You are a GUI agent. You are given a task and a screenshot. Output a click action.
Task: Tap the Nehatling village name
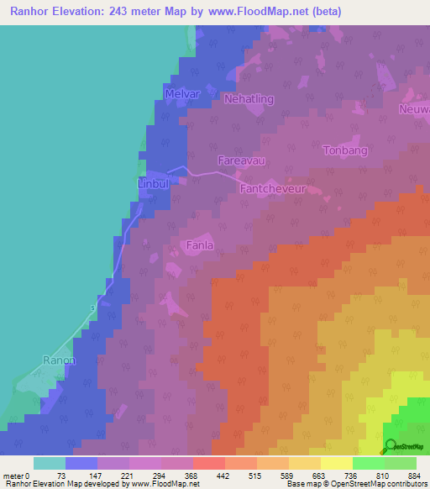249,99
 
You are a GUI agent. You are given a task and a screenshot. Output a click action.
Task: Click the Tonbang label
345,150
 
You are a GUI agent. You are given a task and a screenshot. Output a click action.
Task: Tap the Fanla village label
199,245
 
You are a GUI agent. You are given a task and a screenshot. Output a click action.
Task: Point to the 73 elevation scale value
60,476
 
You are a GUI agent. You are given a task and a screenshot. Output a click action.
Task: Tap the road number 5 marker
92,308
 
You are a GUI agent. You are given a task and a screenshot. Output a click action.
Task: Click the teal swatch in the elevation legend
50,463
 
